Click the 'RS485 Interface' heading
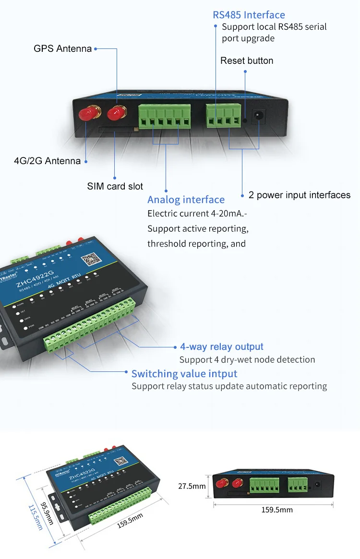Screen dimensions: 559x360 pos(249,15)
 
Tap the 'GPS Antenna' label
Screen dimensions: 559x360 pos(62,48)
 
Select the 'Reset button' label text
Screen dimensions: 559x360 pos(247,60)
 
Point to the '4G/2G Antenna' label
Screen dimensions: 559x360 pos(47,161)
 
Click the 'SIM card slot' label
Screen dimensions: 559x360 pos(115,186)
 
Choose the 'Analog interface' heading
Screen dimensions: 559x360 pos(186,200)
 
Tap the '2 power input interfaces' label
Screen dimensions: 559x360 pos(300,195)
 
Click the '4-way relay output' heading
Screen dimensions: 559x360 pos(222,346)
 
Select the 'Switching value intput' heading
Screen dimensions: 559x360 pos(184,373)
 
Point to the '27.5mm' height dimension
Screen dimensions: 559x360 pos(192,486)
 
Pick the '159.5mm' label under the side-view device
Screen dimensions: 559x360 pos(277,510)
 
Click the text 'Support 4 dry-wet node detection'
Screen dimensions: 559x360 pos(247,359)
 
